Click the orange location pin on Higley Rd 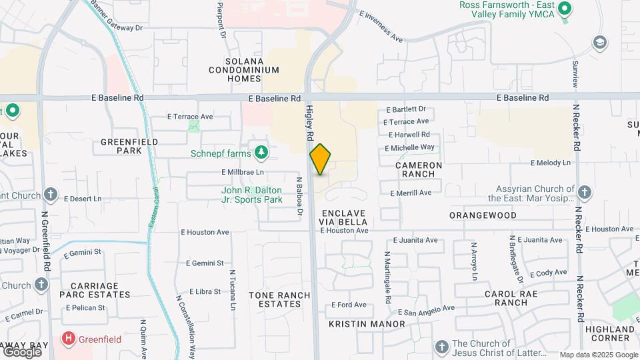[x=321, y=159]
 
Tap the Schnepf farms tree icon [x=261, y=153]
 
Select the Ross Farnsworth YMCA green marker [x=565, y=9]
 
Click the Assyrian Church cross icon [x=584, y=193]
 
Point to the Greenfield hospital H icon [x=67, y=339]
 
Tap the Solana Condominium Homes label [x=243, y=69]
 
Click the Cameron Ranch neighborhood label [x=419, y=169]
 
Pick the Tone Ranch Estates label [x=279, y=299]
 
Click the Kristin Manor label [x=367, y=324]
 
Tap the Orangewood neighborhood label [x=483, y=215]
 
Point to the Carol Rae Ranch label [x=515, y=298]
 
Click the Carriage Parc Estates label [x=98, y=290]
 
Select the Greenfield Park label [x=129, y=146]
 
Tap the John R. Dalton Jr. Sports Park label [x=252, y=194]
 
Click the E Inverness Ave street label [x=381, y=27]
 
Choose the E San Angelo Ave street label [x=426, y=310]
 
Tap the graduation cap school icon [x=599, y=42]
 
